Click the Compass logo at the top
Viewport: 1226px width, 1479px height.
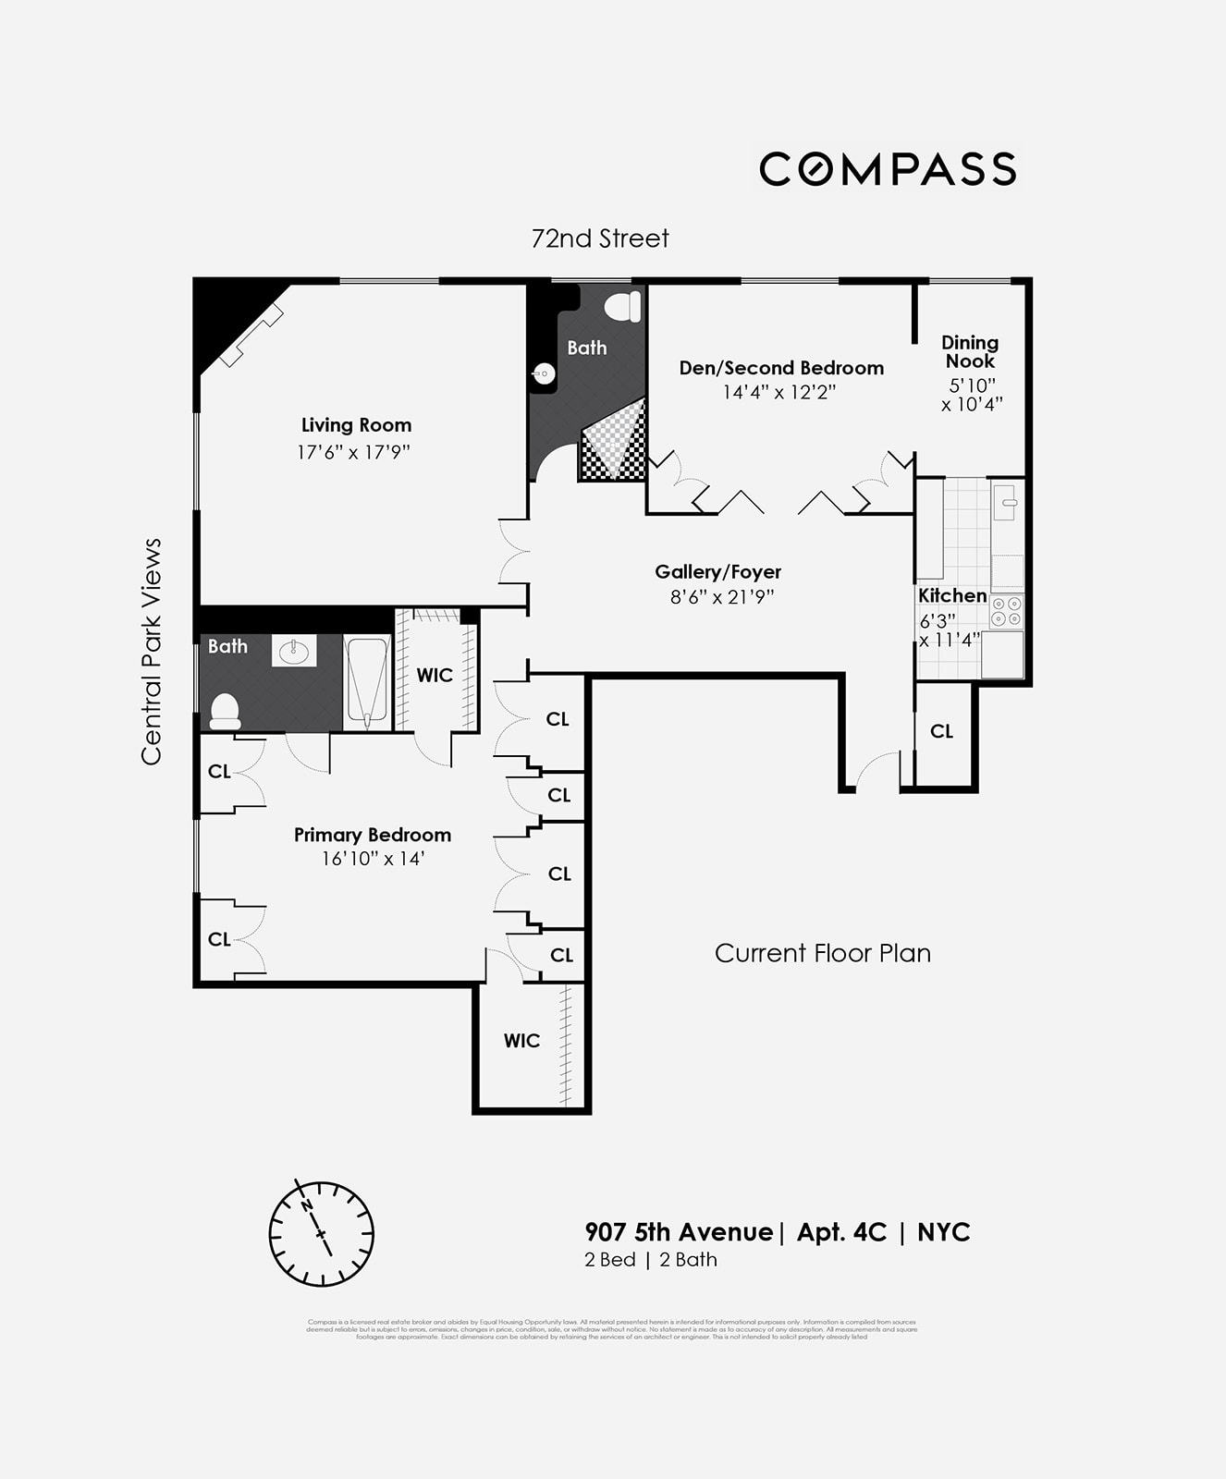coord(887,169)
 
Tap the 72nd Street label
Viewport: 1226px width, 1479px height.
coord(600,238)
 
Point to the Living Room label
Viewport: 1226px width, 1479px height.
coord(356,425)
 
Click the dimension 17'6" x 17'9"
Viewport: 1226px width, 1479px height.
coord(353,452)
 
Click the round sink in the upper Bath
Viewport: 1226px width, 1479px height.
coord(544,374)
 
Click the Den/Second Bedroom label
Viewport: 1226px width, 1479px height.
coord(781,368)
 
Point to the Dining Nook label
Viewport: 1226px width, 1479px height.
coord(970,352)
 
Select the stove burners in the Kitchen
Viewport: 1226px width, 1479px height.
coord(1007,612)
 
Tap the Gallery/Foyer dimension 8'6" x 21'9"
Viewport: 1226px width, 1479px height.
coord(721,597)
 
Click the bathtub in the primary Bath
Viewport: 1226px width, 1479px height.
coord(367,682)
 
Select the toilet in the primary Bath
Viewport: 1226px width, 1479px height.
coord(225,710)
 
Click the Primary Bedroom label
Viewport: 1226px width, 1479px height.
coord(373,835)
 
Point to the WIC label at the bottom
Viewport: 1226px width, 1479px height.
coord(521,1041)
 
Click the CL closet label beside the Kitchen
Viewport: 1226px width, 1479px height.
coord(941,731)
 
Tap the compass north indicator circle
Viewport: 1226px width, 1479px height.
coord(321,1233)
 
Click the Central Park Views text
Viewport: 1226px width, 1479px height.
coord(152,652)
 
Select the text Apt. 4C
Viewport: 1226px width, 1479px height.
coord(841,1232)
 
